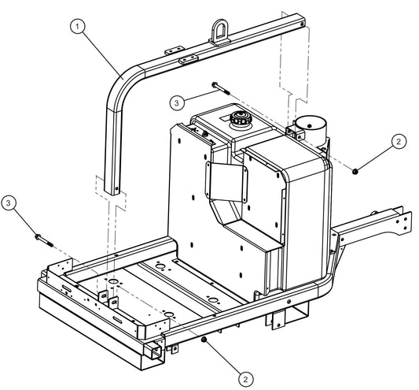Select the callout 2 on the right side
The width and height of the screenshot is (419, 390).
click(399, 142)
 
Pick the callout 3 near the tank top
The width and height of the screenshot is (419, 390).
click(178, 102)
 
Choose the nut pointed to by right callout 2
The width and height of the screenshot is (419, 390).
click(355, 170)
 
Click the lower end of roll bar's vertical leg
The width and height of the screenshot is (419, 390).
click(116, 189)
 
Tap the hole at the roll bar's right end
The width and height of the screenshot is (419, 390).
click(300, 26)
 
